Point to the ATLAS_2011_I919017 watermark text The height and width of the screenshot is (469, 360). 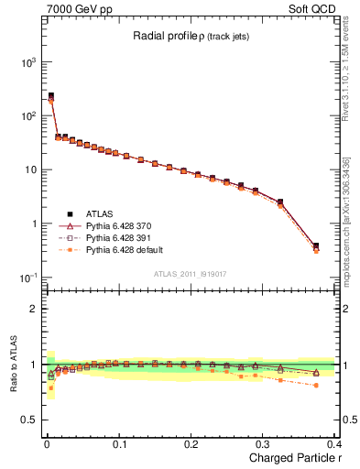pos(190,273)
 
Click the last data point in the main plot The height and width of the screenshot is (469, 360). pos(316,246)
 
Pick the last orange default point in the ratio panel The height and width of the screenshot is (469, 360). pos(316,385)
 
